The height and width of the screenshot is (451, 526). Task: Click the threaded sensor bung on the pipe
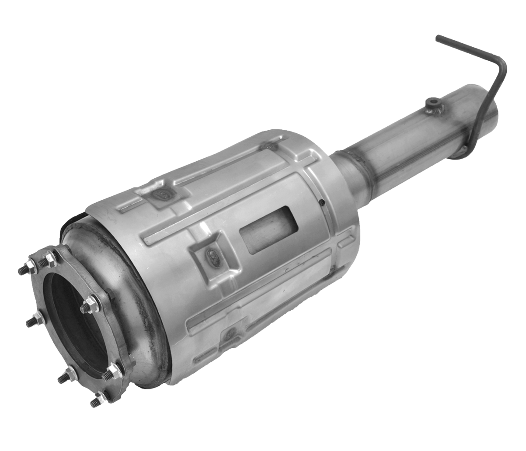point(433,103)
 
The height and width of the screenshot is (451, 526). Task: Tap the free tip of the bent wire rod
point(438,38)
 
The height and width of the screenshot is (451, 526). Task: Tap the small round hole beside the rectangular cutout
point(321,202)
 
